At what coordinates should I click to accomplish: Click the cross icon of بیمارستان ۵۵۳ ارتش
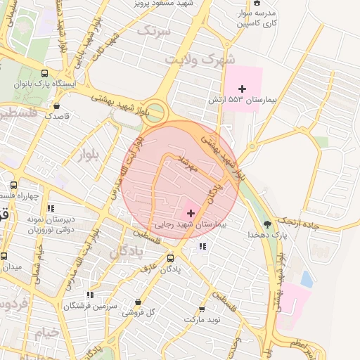(243, 89)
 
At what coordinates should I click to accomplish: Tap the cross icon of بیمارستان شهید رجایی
(191, 212)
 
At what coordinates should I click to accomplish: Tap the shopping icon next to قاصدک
(56, 106)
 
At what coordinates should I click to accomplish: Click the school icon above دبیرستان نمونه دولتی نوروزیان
(50, 208)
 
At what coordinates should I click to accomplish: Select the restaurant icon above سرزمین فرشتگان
(89, 295)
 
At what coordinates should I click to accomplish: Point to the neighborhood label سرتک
(154, 30)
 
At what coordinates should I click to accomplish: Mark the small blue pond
(307, 279)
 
